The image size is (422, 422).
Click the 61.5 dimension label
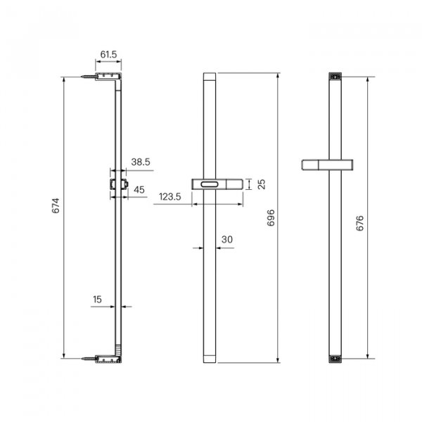(109, 55)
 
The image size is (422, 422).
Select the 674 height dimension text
(56, 205)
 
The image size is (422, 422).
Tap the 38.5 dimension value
(141, 162)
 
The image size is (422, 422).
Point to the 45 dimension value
(139, 190)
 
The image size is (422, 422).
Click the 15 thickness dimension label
(97, 300)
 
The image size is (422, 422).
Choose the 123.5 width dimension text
(170, 197)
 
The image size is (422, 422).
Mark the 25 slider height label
(262, 184)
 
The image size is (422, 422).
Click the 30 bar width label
(227, 239)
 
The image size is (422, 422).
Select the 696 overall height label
(271, 217)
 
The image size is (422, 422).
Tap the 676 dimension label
(360, 223)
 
